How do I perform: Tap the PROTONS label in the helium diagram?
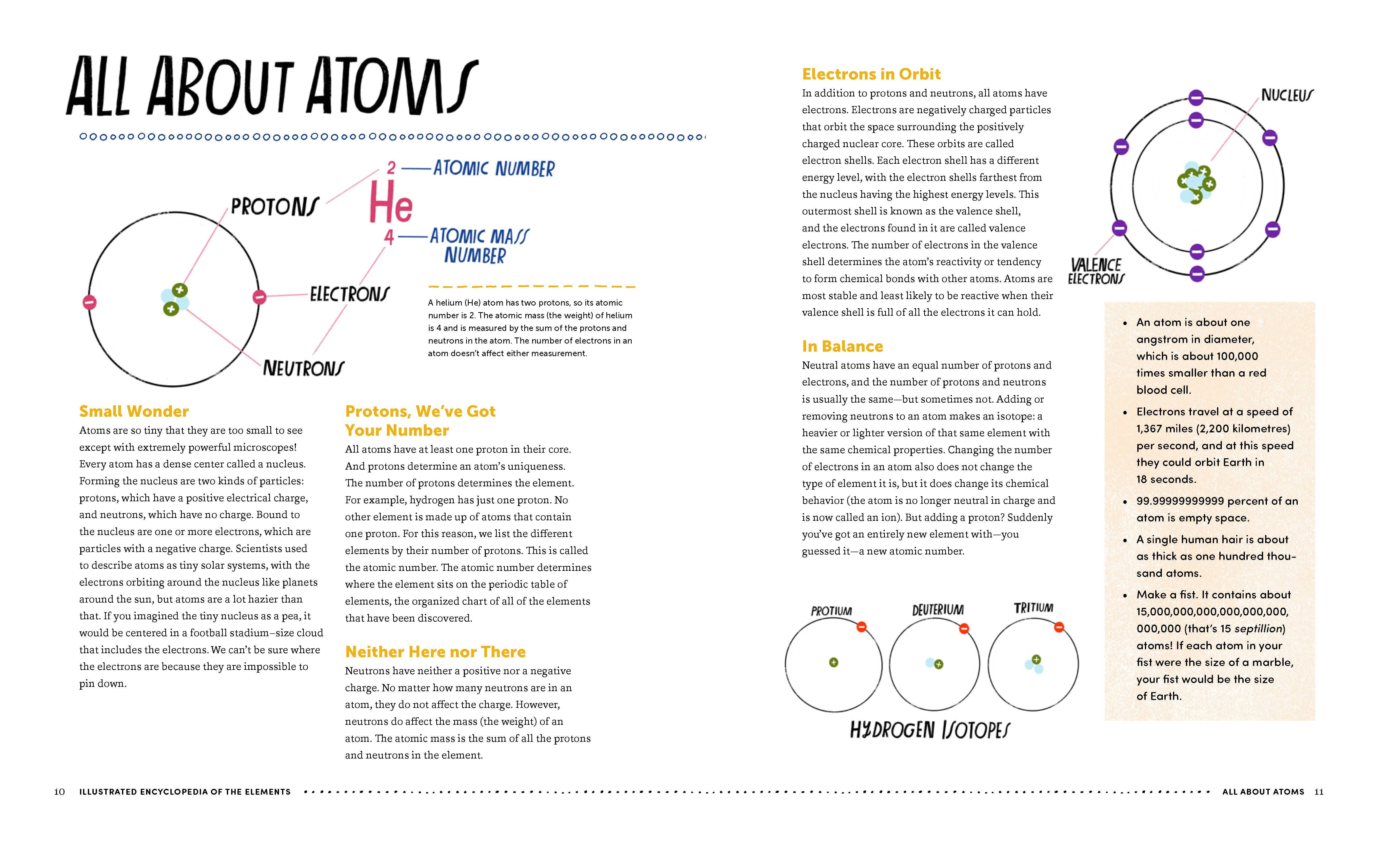pos(275,207)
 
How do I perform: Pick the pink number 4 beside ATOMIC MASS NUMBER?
pos(389,237)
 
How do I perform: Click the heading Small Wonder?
pos(134,412)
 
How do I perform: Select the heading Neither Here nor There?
pos(435,652)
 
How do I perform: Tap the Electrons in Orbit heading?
pos(871,74)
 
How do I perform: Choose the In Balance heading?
pos(842,346)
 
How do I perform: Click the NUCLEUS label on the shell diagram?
pos(1286,95)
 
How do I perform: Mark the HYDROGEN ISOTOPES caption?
pos(929,730)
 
